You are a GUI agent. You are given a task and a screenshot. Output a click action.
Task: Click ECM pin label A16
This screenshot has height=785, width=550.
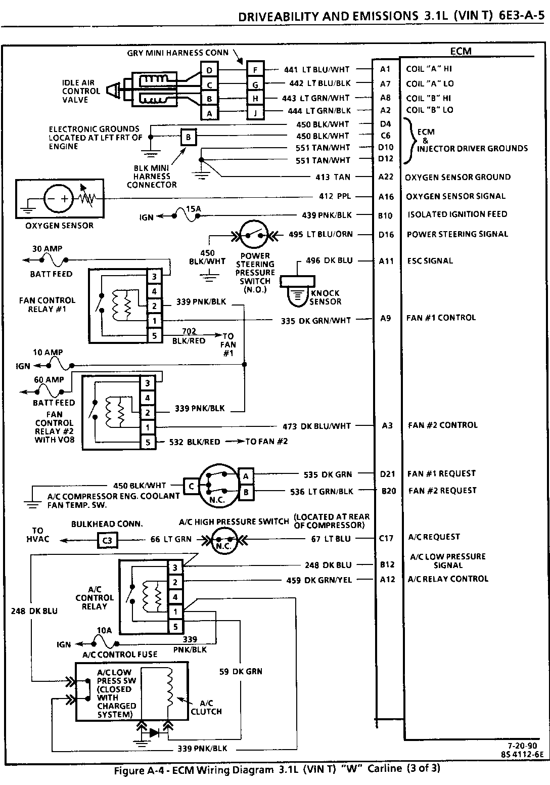386,197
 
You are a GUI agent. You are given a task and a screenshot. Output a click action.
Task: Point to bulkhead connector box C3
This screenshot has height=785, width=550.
107,540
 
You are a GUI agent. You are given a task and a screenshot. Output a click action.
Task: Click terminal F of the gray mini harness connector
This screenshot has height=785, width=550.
256,69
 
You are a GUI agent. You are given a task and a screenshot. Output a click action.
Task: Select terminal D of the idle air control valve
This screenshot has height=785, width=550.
209,70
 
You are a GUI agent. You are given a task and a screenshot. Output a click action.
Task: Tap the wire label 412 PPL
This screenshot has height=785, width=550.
333,196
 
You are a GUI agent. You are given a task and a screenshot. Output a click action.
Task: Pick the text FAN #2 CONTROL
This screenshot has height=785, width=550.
442,425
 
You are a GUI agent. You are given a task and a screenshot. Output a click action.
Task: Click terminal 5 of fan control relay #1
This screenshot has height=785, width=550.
154,335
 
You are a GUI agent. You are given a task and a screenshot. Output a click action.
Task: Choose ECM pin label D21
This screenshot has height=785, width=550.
387,474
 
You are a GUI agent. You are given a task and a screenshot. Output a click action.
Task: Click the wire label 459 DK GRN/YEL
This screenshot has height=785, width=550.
319,580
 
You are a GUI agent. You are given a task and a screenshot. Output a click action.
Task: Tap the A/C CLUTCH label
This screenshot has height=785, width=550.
206,707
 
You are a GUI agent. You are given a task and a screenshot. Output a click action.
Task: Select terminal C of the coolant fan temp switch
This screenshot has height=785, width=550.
191,487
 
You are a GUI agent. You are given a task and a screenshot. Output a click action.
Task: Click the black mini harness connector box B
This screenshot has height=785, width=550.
188,137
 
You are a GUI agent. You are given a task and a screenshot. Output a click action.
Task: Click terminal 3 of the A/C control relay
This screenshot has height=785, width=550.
175,568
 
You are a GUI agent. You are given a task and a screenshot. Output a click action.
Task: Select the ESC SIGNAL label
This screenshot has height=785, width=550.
430,261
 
